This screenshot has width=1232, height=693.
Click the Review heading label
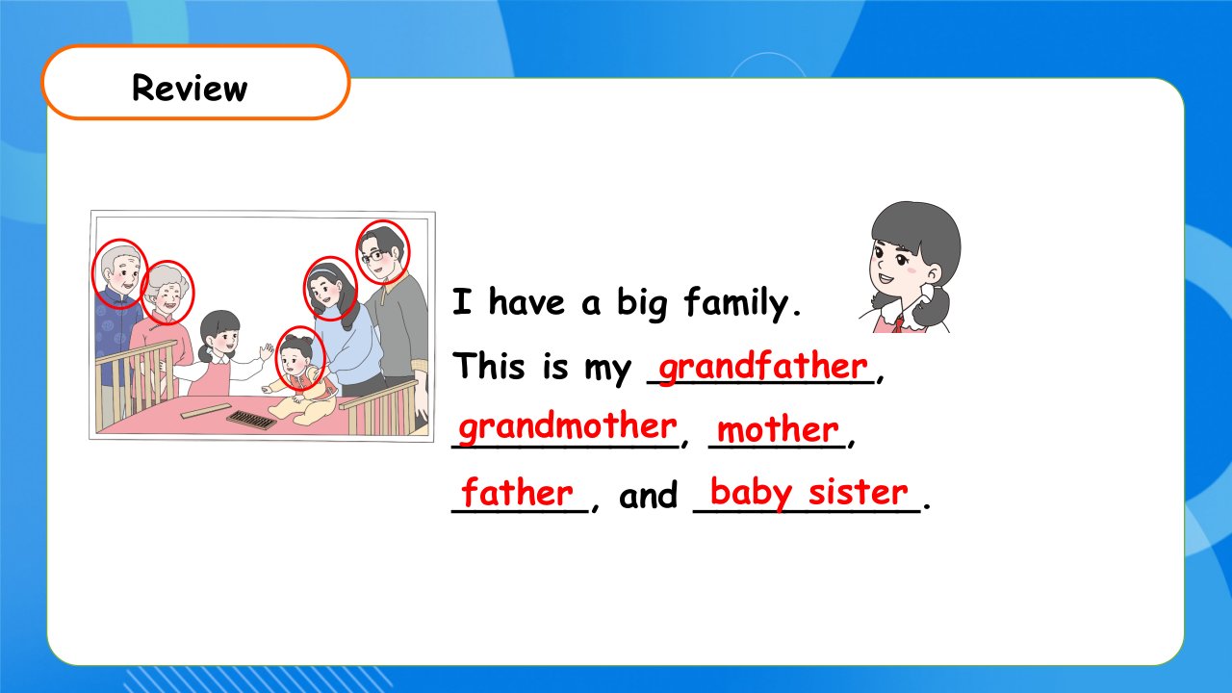coord(190,88)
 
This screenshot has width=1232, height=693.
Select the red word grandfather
coord(763,367)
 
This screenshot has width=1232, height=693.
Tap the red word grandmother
coord(568,427)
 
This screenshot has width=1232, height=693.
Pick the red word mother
coord(778,429)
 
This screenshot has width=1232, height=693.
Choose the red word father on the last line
coord(517,492)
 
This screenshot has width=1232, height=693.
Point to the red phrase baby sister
coord(809,493)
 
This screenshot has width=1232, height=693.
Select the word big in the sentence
coord(642,303)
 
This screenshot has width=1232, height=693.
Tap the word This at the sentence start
coord(488,365)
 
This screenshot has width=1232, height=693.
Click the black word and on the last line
coord(648,494)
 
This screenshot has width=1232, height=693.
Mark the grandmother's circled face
coord(167,293)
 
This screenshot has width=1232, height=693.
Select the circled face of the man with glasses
coord(383,252)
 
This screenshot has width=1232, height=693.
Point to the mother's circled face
coord(330,289)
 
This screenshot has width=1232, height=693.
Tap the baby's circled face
coord(300,359)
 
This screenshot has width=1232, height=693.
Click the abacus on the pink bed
coord(252,421)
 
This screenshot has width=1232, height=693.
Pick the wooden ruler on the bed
coord(206,411)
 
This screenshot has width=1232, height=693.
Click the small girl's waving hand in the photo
coord(267,351)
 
